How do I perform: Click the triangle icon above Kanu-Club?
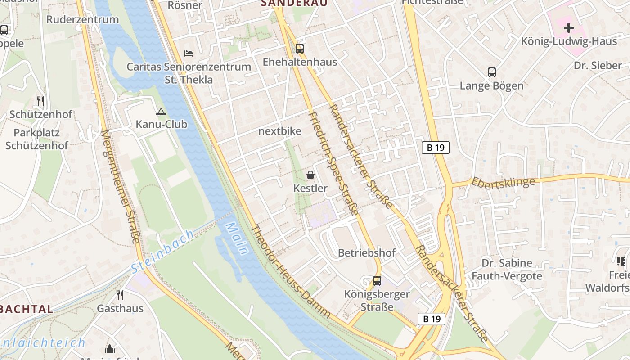[161, 112]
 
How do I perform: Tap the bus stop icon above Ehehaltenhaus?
[300, 49]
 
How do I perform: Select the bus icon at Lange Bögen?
[492, 72]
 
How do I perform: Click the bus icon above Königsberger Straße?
[377, 281]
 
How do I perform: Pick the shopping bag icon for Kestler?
[310, 175]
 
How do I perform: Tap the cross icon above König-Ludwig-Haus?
[569, 28]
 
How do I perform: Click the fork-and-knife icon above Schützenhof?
[40, 101]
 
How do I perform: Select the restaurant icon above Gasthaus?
[120, 295]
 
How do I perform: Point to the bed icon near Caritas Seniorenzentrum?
[189, 54]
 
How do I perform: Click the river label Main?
[237, 238]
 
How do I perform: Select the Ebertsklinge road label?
[503, 182]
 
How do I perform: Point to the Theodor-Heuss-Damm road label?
[290, 272]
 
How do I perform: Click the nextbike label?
[279, 131]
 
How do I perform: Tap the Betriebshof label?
[367, 253]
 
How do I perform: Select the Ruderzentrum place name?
[82, 19]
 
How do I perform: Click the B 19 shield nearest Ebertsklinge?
[436, 148]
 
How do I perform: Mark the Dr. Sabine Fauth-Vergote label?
[507, 270]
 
